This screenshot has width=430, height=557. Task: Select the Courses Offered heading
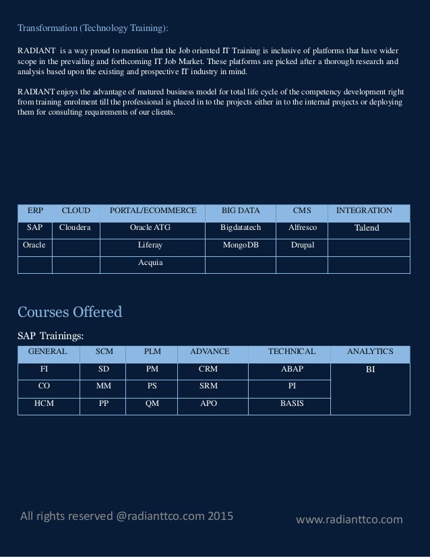[x=69, y=312]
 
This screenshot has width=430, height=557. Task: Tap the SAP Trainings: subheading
[x=51, y=335]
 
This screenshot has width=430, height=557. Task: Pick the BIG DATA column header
[x=241, y=211]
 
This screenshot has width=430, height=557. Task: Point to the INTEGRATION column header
[x=364, y=211]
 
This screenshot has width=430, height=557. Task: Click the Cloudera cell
[x=75, y=228]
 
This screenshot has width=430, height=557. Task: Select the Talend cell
[x=367, y=228]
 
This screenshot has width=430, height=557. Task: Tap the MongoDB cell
[x=241, y=245]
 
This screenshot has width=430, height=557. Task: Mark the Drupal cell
[x=302, y=245]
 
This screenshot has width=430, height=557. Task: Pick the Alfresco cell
[x=302, y=228]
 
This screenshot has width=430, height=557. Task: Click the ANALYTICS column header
[x=370, y=351]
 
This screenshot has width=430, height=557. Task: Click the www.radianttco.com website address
[x=349, y=519]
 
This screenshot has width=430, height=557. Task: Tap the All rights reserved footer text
[x=127, y=517]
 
